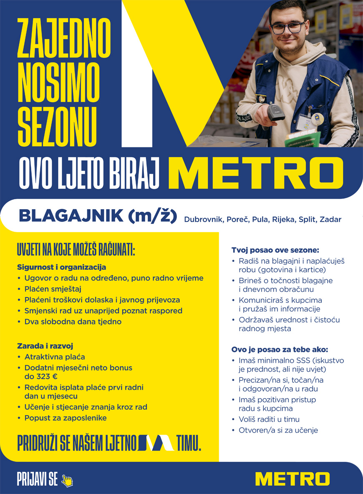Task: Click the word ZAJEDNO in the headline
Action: point(63,37)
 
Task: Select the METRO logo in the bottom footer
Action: point(292,479)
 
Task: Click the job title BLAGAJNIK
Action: point(71,216)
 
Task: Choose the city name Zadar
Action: point(330,220)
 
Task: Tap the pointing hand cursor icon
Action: point(67,481)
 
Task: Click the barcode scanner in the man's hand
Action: point(275,113)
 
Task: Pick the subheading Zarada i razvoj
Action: point(45,346)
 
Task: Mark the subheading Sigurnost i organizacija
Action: point(61,267)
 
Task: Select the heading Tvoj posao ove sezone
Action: point(275,250)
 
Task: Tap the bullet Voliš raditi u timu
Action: point(269,419)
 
